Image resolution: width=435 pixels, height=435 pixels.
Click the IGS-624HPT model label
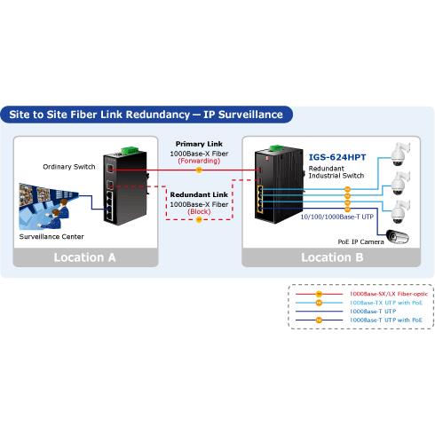coord(337,157)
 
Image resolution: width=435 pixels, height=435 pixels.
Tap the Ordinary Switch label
coord(69,167)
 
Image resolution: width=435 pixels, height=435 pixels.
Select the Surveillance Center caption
coord(51,236)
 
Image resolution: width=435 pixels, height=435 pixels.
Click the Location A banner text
coord(84,257)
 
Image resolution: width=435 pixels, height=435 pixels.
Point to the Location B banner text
coord(332,257)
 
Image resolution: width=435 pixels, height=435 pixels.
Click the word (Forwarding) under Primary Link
coord(199,161)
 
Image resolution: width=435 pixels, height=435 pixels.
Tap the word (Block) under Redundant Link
coord(199,211)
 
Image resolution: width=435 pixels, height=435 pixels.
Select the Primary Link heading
coord(199,144)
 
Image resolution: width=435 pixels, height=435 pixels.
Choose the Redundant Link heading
coord(199,194)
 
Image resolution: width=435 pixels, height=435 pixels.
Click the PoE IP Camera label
coord(360,241)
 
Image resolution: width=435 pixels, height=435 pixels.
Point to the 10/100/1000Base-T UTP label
coord(337,217)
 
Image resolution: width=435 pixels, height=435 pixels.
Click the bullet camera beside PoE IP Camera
coord(398,236)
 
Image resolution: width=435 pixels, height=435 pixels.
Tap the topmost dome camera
coord(400,154)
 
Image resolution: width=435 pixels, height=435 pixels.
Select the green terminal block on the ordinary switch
coord(130,150)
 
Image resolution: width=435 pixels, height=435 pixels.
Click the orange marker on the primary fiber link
coord(199,170)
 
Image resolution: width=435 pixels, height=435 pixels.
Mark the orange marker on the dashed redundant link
coord(199,219)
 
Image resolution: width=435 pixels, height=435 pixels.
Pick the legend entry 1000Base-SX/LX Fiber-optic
coord(389,294)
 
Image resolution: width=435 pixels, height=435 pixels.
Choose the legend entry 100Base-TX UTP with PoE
coord(386,303)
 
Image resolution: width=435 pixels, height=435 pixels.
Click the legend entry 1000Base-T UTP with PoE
coord(386,320)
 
